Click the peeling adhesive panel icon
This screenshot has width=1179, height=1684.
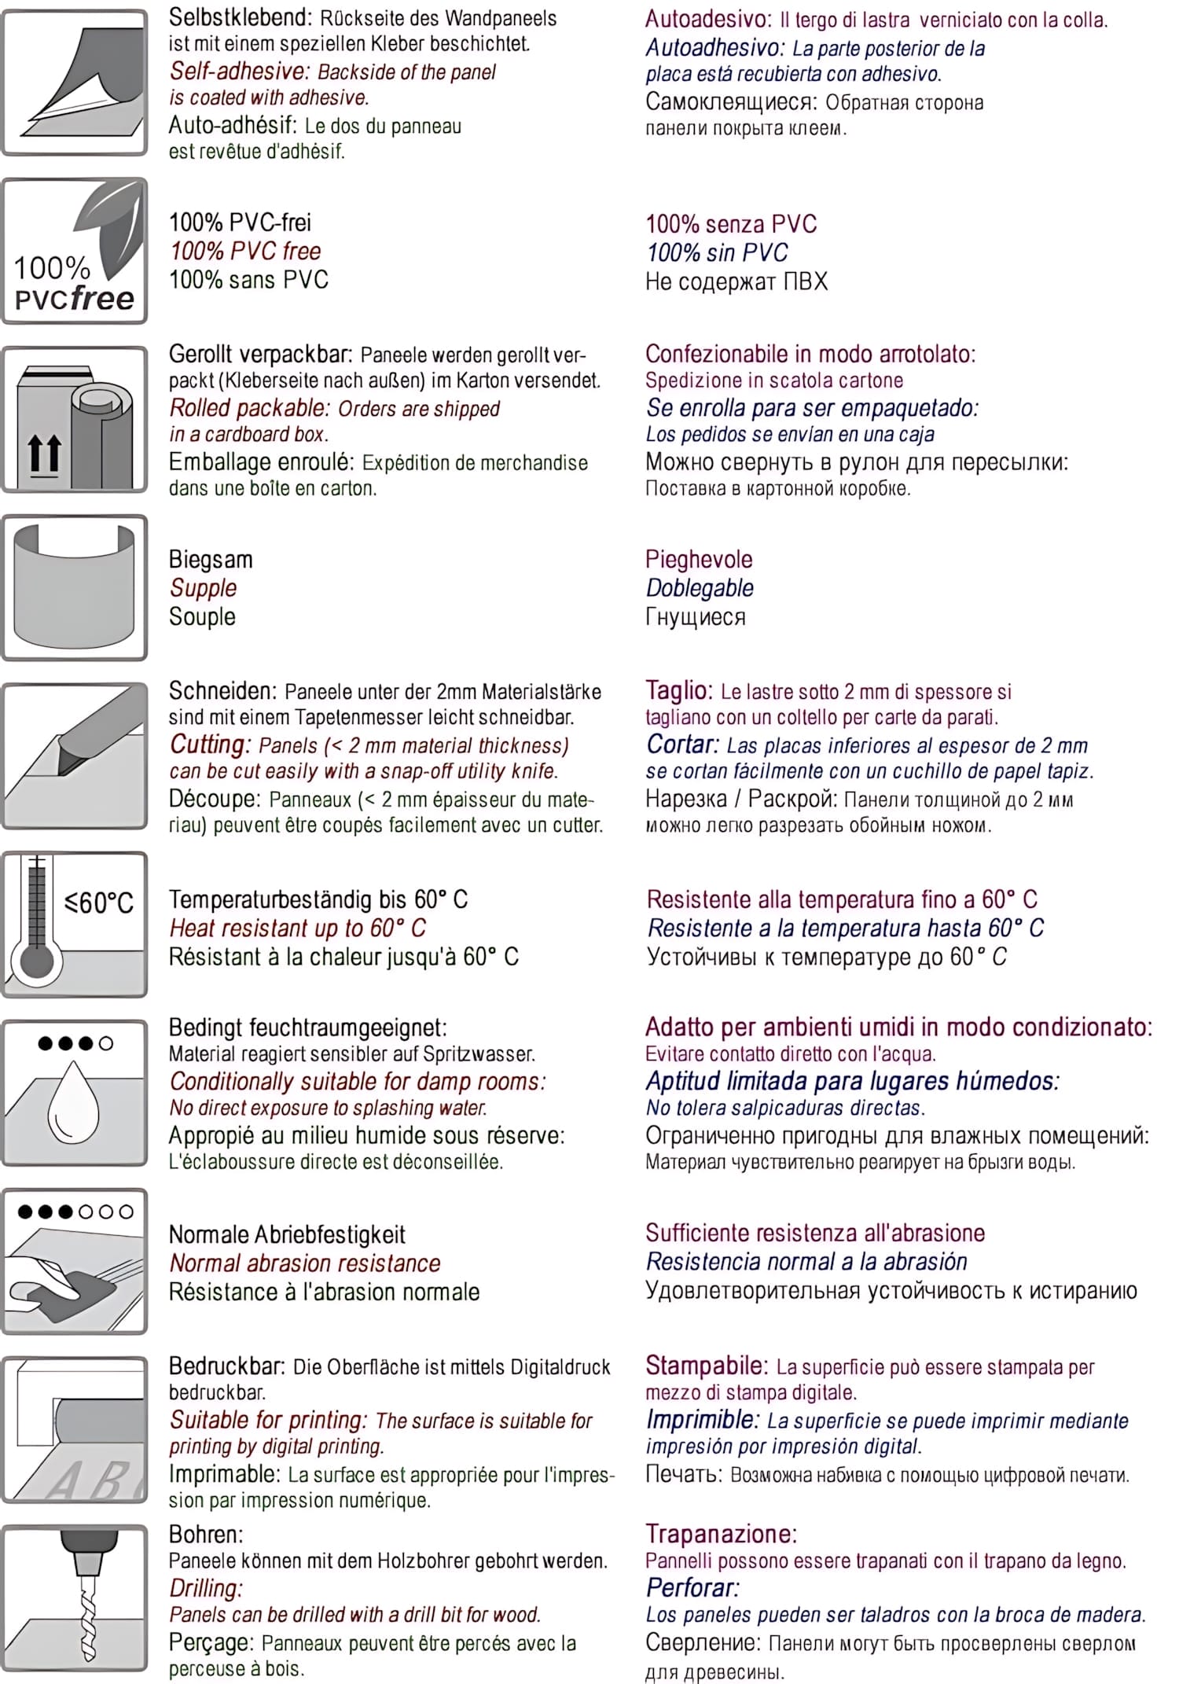pos(75,83)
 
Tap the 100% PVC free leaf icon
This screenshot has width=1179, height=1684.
pos(75,251)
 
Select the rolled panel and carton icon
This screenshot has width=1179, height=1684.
pos(75,419)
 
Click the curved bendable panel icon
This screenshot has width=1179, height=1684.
pos(75,587)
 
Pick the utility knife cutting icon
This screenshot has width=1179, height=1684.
pos(75,756)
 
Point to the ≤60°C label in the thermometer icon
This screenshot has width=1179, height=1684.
pos(99,903)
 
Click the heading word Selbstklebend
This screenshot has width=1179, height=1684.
pos(239,17)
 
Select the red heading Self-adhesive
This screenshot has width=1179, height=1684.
pos(240,72)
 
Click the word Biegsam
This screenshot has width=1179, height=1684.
pos(211,560)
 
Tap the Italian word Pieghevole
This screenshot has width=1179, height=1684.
pos(699,560)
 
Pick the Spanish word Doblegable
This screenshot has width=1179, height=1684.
pos(700,588)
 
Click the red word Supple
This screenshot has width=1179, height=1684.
pos(203,588)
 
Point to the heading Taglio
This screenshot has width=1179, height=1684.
pos(678,690)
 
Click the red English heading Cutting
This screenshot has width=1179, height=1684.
pos(210,745)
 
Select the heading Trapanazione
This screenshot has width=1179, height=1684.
pos(721,1534)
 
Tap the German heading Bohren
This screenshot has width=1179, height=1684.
pos(206,1534)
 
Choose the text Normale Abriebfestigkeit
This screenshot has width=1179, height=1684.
pos(287,1234)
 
